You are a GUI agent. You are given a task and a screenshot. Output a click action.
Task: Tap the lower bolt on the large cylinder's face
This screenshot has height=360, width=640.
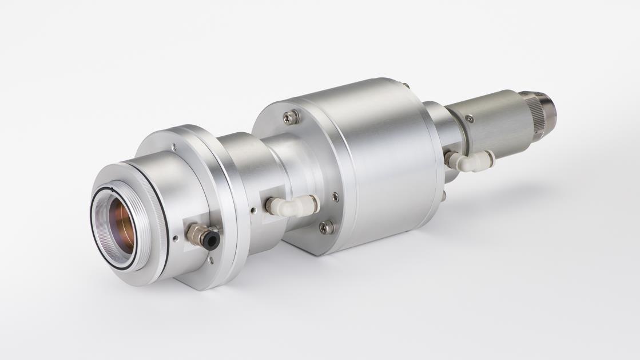click(x=327, y=227)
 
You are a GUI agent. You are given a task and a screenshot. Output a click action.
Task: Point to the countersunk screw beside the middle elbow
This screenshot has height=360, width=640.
click(x=335, y=197)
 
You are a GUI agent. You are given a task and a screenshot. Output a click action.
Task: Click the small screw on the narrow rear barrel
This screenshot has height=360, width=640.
click(x=469, y=119)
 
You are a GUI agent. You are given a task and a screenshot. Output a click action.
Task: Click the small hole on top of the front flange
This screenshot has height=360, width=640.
click(x=173, y=147)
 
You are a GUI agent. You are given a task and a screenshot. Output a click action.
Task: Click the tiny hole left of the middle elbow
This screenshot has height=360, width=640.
click(x=253, y=210)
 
